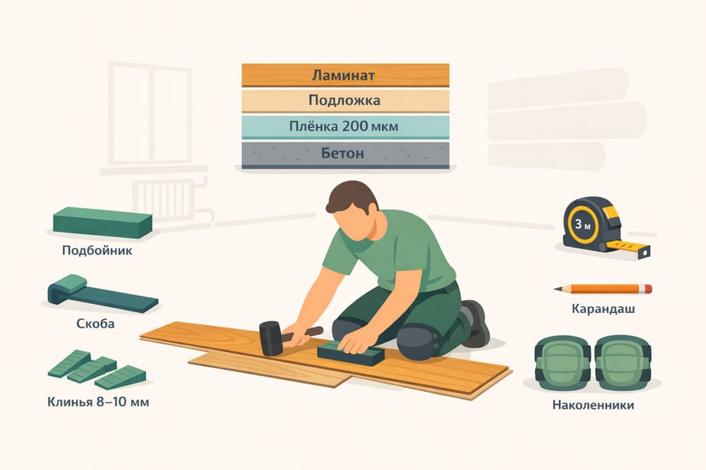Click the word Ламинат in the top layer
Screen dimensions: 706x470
[343, 75]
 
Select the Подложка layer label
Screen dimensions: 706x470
[345, 100]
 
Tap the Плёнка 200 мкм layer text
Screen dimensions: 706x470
[344, 126]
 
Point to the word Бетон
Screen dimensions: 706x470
[342, 153]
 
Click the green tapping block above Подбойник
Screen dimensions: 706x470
[103, 223]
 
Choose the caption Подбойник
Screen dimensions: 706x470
[97, 250]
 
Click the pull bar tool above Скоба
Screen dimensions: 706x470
[102, 294]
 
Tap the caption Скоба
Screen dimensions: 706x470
[96, 323]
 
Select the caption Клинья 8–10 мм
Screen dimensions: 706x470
[98, 402]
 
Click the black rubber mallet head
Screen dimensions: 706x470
[270, 338]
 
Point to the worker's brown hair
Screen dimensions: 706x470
[351, 196]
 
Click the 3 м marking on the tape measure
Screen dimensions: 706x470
[582, 224]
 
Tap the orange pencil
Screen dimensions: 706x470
[603, 289]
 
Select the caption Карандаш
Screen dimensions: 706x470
[603, 308]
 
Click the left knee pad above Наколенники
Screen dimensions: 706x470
[563, 362]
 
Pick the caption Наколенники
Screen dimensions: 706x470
[593, 405]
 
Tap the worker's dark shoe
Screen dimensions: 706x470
[476, 323]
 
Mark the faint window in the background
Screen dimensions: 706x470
[150, 113]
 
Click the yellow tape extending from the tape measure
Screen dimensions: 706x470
[628, 247]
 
